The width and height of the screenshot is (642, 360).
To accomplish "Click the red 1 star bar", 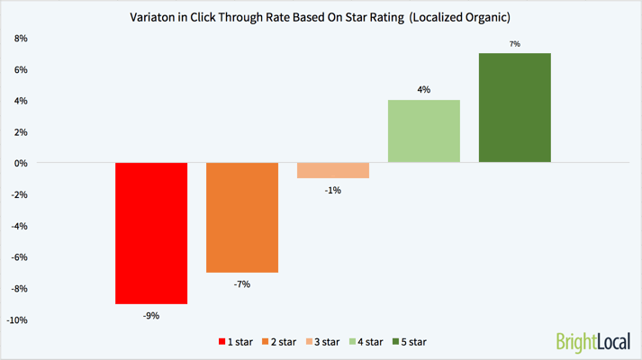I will coord(151,233).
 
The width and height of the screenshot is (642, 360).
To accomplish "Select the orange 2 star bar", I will coord(242,217).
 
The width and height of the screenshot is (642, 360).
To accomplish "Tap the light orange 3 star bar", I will coord(333,170).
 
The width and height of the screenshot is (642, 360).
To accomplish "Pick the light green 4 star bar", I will coord(424,131).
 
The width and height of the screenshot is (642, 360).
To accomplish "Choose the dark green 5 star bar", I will coord(514,108).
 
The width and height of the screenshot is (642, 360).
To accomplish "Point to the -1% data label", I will coord(333,190).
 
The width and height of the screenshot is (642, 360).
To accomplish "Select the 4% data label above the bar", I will coord(424,89).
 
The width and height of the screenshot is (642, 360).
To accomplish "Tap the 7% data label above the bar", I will coord(514,43).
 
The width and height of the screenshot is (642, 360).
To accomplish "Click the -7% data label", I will coord(242,284).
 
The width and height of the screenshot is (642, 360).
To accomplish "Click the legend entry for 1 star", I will coord(237,342).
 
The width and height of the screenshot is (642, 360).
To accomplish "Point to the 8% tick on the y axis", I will coord(21,39).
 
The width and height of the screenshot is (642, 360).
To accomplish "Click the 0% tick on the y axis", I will coord(21,164).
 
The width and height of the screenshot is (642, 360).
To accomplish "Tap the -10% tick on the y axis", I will coord(18,320).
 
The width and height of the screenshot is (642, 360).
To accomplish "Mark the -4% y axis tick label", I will coord(19,227).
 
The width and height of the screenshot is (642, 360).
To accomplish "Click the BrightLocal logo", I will coord(593,342).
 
